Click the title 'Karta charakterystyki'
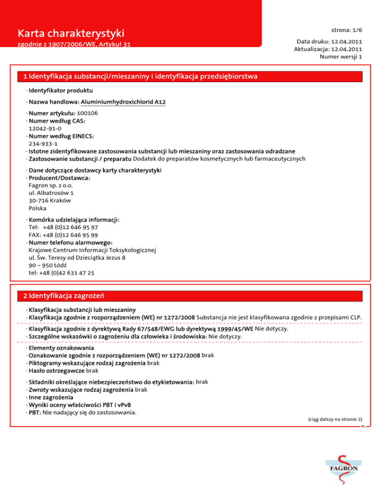[x=70, y=34]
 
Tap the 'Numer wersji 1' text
[x=342, y=56]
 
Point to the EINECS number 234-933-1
[x=43, y=144]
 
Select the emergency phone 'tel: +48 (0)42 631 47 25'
[x=62, y=273]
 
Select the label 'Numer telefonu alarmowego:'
[x=71, y=243]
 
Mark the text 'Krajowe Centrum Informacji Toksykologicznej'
[x=93, y=250]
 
